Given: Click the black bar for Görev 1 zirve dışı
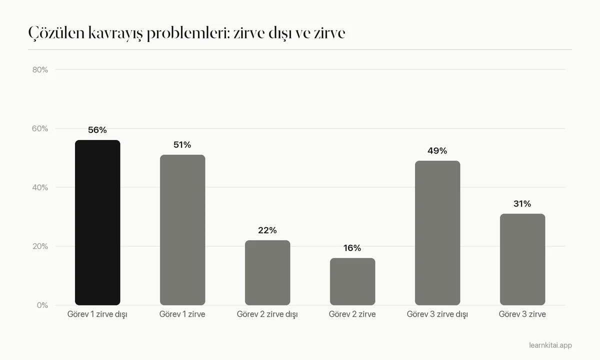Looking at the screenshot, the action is [97, 222].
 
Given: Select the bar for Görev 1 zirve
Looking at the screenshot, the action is [182, 230].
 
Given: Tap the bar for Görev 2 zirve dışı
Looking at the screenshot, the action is [267, 272].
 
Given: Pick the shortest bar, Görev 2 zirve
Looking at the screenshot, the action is [352, 281].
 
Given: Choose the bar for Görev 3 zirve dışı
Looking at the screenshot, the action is [437, 233].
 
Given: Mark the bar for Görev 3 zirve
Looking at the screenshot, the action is [522, 259].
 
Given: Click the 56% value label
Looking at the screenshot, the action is [97, 130].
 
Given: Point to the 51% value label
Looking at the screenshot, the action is [182, 145].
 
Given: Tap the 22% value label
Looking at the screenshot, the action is [267, 230].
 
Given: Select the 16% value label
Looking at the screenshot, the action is [352, 248].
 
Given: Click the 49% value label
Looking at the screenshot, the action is [437, 151].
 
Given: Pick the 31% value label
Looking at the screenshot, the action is [522, 204].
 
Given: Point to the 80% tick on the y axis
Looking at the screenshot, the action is [40, 70].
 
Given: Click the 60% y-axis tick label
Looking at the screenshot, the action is [40, 128].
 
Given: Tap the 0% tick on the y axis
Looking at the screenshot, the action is [42, 305].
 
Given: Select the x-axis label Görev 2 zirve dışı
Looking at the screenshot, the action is [267, 314].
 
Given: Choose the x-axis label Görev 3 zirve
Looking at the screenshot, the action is [522, 314].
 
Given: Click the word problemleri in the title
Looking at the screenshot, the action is [188, 33].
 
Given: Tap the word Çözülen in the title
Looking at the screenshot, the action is [56, 33].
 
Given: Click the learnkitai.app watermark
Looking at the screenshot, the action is [550, 345].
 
